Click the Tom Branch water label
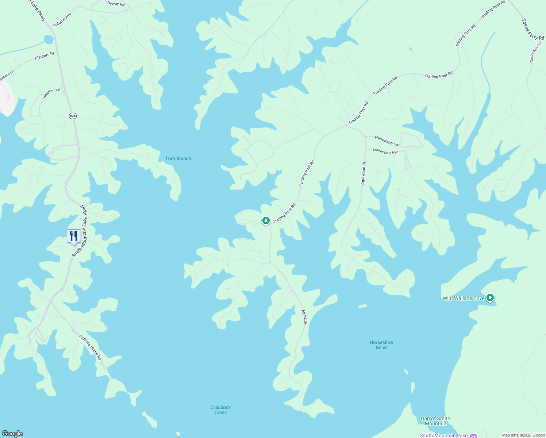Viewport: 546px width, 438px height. pos(178,158)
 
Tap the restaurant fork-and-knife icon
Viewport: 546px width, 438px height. pos(74,236)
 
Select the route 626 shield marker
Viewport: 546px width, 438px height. pos(73,116)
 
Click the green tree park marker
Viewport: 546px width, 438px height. pos(266,220)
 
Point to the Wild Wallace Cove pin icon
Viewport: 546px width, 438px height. pos(491,298)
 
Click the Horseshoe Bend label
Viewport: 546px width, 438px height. pos(381,345)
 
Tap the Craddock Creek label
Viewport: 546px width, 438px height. pos(220,410)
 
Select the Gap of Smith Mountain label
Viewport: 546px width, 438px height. pos(435,421)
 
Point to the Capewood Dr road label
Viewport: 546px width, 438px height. pos(363,174)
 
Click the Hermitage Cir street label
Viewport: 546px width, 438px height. pos(387,141)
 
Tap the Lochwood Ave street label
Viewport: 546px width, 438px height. pos(385,151)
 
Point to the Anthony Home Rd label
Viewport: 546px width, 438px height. pos(91,348)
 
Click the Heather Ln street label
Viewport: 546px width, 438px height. pos(51,93)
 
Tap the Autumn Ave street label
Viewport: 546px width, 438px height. pos(62,20)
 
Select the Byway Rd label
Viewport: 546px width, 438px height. pos(116,4)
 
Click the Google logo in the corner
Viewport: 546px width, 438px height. pos(12,433)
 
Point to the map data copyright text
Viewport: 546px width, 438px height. pos(523,435)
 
